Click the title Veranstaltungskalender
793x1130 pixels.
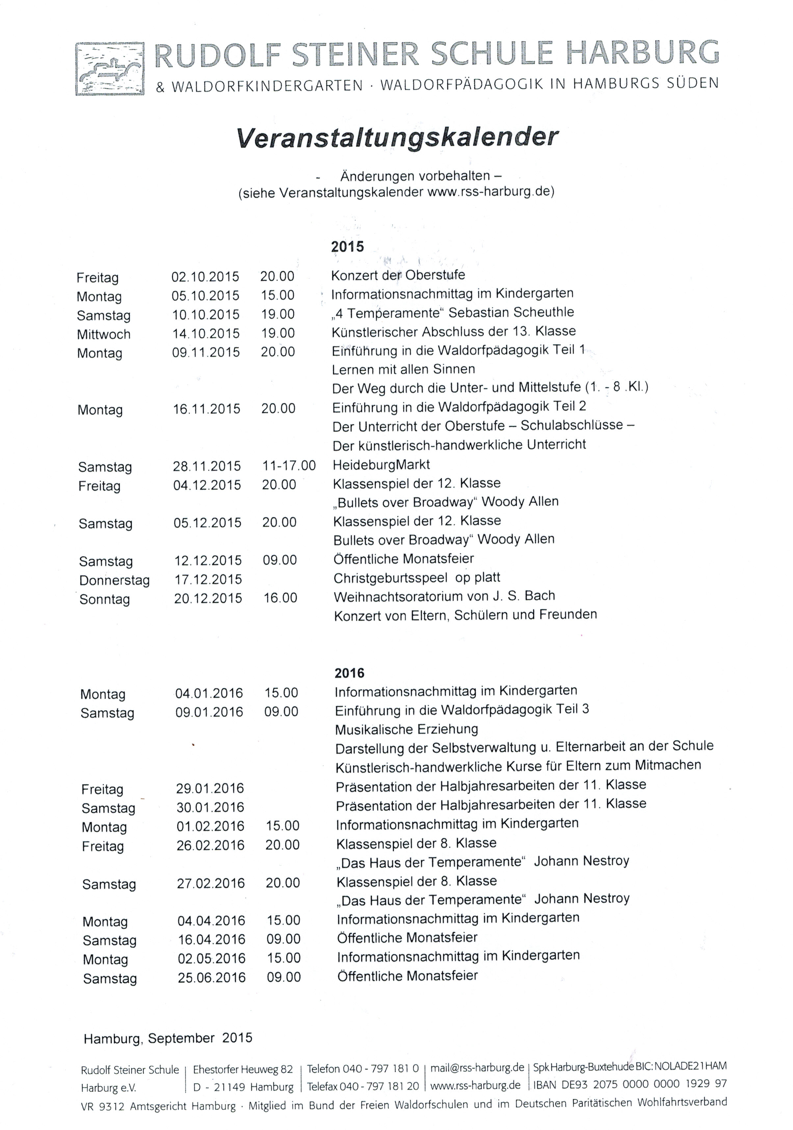pos(397,137)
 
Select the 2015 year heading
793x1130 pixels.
pos(347,246)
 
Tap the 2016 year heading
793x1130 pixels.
pos(349,673)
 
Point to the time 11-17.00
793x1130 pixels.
pos(289,466)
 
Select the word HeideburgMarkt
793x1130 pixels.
pos(381,465)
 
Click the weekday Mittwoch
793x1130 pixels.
pos(103,334)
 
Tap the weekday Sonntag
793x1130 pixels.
pos(104,600)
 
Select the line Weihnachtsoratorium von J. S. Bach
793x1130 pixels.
pos(444,596)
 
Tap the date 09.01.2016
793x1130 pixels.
pos(209,712)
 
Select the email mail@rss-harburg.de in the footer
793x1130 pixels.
pos(477,1068)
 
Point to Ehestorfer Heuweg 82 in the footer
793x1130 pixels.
pos(243,1069)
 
